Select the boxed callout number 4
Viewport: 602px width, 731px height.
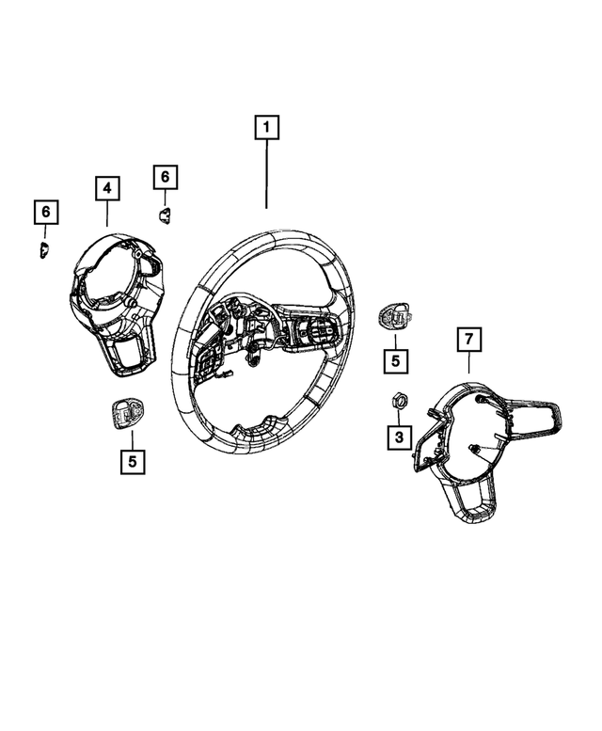(107, 189)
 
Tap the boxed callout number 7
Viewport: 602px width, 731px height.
(468, 338)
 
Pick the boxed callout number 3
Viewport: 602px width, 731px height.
(398, 437)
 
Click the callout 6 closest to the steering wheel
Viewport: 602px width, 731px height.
(164, 177)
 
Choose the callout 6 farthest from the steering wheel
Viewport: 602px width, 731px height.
(44, 213)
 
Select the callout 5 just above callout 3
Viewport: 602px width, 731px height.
(395, 358)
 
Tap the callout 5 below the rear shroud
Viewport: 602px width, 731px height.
(133, 461)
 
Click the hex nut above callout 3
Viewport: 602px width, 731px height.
(398, 402)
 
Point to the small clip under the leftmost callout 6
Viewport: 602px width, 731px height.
(44, 249)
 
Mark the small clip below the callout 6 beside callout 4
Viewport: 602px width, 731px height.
(164, 215)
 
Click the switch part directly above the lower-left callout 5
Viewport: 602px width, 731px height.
(128, 411)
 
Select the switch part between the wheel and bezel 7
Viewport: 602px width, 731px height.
(393, 317)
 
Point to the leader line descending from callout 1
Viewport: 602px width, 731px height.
(266, 174)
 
